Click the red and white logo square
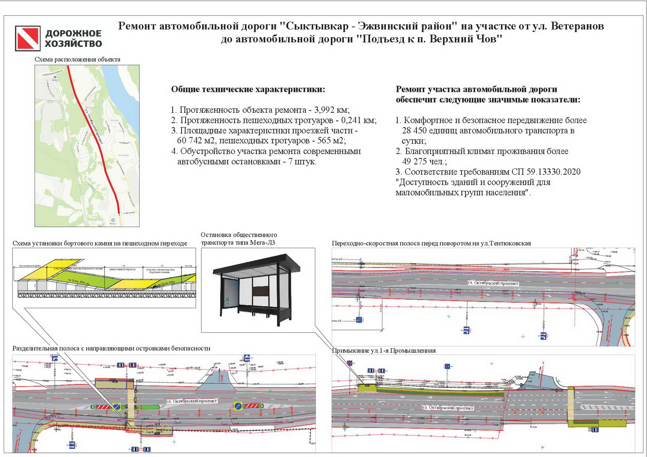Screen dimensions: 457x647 27,38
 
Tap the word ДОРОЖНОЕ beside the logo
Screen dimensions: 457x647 73,34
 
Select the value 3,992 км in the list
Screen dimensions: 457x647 332,110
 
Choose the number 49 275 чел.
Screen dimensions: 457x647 424,162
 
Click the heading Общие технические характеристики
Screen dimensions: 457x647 248,89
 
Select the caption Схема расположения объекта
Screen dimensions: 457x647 77,59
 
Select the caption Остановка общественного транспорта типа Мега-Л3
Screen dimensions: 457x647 239,239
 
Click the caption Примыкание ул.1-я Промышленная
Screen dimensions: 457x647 383,351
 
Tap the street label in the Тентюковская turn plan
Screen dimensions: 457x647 492,283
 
